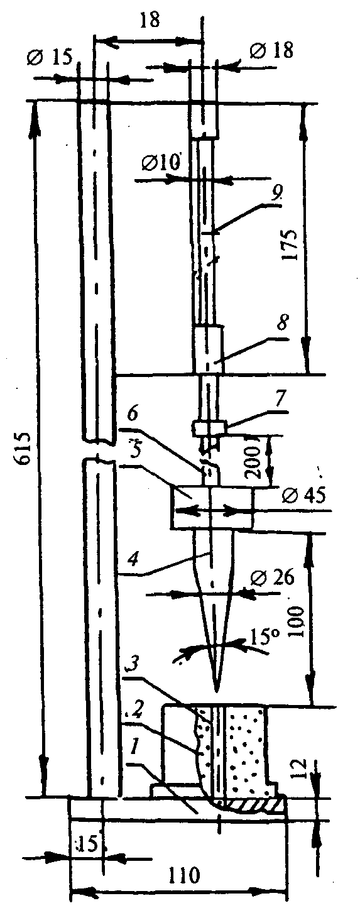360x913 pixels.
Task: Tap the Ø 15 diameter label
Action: (49, 57)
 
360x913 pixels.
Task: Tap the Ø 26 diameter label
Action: (272, 577)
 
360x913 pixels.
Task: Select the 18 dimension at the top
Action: (150, 19)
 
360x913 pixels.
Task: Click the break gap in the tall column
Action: (99, 449)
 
